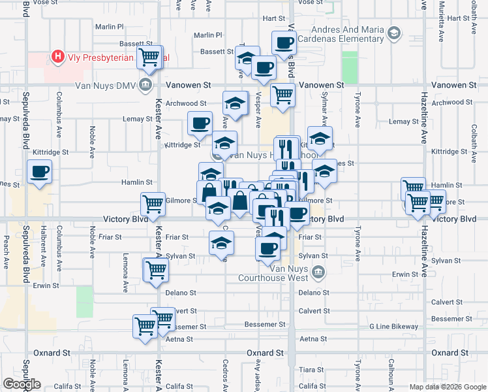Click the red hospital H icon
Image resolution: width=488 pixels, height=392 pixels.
pos(59,57)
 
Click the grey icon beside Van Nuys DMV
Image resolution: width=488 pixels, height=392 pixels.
pos(146,85)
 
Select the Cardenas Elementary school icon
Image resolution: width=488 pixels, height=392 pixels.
pos(394,32)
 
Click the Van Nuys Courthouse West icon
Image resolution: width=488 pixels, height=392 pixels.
pos(318,272)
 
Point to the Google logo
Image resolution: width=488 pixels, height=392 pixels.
pos(22,384)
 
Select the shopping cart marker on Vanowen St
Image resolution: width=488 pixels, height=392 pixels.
pos(282,95)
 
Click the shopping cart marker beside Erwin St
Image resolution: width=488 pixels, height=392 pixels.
pos(156,270)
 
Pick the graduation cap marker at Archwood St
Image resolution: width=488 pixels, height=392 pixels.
pos(236,103)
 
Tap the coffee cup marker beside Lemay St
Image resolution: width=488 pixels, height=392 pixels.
pos(200,122)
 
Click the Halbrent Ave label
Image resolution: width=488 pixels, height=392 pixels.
pos(43,252)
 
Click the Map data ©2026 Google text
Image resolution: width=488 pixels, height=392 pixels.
pos(447,387)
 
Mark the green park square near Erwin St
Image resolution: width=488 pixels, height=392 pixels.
pos(85,301)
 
